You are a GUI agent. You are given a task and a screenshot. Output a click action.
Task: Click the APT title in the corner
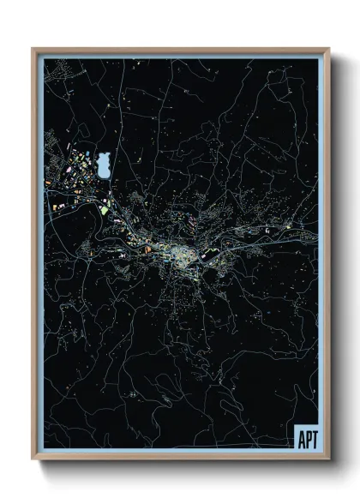click(x=306, y=441)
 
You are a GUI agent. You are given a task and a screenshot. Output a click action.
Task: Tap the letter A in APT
click(x=300, y=441)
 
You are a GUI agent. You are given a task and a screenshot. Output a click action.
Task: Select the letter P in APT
click(x=307, y=441)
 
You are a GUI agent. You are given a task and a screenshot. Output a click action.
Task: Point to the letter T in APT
click(x=313, y=441)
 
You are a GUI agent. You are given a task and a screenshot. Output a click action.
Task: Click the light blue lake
click(x=103, y=162)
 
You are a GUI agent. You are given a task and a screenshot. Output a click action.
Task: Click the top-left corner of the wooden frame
click(x=33, y=50)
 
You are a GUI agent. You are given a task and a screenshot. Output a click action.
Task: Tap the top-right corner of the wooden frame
click(x=328, y=50)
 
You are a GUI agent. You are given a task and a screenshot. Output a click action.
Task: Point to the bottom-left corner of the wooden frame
click(x=33, y=459)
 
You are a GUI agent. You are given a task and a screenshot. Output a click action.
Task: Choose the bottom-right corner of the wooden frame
click(x=328, y=459)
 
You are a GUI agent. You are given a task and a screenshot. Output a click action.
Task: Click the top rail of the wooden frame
click(x=180, y=50)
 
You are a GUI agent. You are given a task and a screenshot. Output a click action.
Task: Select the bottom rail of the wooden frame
click(x=180, y=459)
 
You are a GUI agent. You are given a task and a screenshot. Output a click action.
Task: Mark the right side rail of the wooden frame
click(x=327, y=257)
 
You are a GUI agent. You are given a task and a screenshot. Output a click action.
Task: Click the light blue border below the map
click(x=171, y=452)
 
